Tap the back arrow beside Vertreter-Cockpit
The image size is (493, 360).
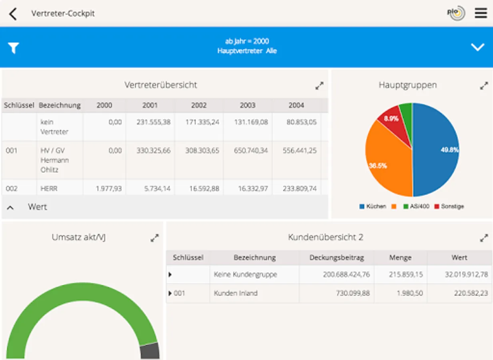click(13, 14)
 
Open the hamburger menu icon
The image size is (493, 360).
click(481, 13)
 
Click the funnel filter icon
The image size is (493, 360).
click(14, 48)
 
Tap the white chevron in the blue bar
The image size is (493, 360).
click(477, 47)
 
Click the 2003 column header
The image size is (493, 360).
click(247, 105)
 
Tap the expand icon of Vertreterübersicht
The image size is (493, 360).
click(319, 86)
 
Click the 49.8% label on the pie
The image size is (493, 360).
click(449, 150)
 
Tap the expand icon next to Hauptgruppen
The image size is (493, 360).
click(484, 86)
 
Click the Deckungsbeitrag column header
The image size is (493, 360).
click(337, 258)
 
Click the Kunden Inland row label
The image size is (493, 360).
click(235, 293)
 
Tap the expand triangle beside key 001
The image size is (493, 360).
click(170, 293)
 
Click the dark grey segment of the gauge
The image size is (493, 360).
click(150, 351)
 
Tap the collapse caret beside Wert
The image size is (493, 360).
click(11, 207)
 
